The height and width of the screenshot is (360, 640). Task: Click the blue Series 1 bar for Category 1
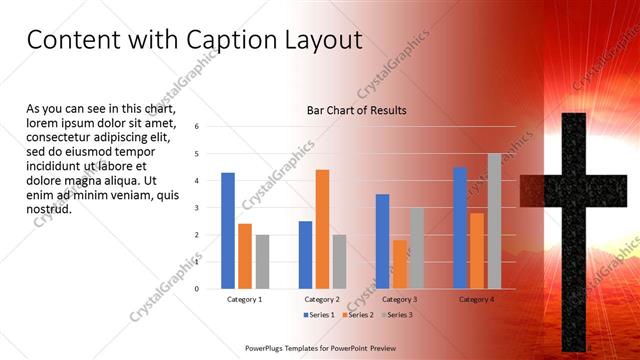pyautogui.click(x=228, y=231)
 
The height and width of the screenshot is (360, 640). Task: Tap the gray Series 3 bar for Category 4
pyautogui.click(x=494, y=221)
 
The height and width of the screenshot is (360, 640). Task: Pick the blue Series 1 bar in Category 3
pyautogui.click(x=382, y=241)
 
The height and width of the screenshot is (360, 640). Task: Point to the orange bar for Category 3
pyautogui.click(x=399, y=264)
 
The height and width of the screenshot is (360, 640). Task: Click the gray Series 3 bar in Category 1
pyautogui.click(x=262, y=262)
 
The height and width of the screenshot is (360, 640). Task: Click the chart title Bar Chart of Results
pyautogui.click(x=356, y=110)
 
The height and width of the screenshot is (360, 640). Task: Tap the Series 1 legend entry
pyautogui.click(x=319, y=315)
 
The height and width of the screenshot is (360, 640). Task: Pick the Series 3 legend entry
pyautogui.click(x=395, y=315)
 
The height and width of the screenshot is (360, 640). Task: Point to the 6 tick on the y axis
pyautogui.click(x=197, y=127)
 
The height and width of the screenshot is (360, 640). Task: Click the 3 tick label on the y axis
pyautogui.click(x=197, y=208)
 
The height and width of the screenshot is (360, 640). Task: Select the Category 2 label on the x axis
pyautogui.click(x=322, y=299)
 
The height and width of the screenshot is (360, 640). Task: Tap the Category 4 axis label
pyautogui.click(x=477, y=299)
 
